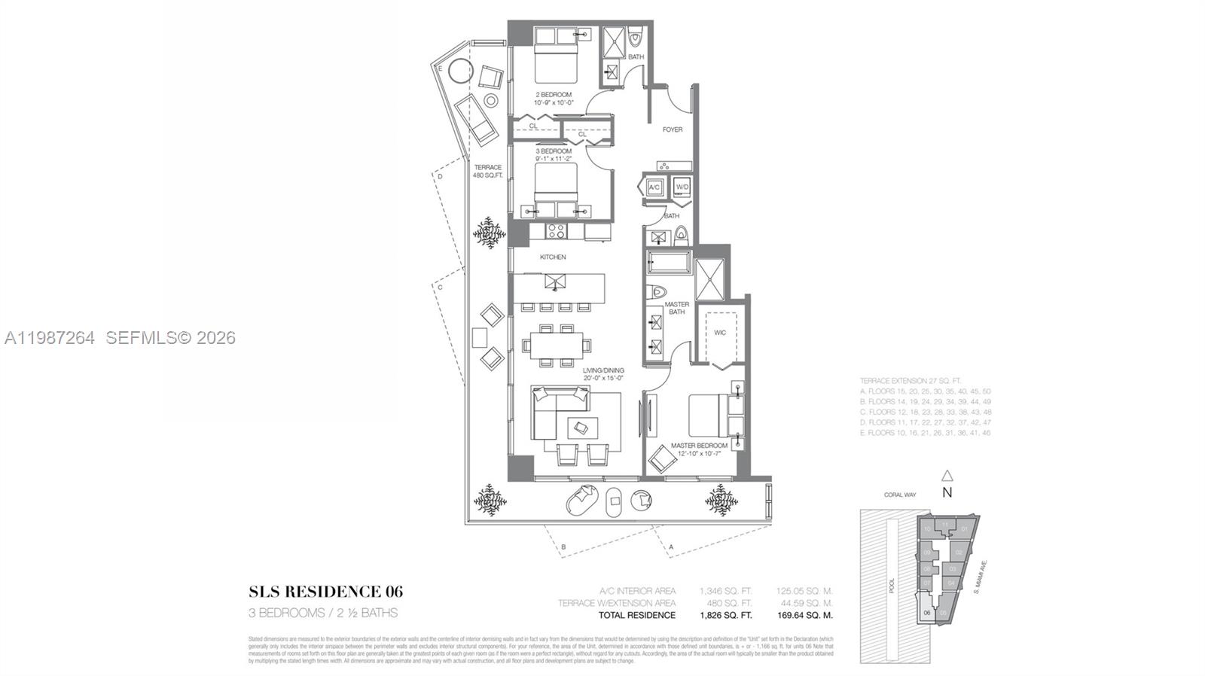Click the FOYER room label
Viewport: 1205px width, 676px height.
pyautogui.click(x=673, y=129)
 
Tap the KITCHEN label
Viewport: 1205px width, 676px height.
pyautogui.click(x=553, y=257)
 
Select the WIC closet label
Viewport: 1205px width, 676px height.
pyautogui.click(x=720, y=333)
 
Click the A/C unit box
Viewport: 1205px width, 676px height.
pyautogui.click(x=654, y=187)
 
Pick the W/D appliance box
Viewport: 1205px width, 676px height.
pyautogui.click(x=682, y=187)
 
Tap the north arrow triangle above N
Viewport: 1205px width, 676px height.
pyautogui.click(x=947, y=476)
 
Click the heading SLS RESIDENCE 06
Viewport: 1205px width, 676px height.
pyautogui.click(x=325, y=592)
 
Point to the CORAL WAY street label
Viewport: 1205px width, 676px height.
pyautogui.click(x=900, y=495)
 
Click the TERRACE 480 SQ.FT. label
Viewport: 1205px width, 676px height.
pyautogui.click(x=487, y=171)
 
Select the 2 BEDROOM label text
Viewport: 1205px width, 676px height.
pyautogui.click(x=554, y=99)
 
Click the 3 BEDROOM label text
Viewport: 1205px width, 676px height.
pyautogui.click(x=554, y=155)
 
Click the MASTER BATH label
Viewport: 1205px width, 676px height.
pyautogui.click(x=676, y=308)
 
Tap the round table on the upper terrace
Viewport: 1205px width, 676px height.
pyautogui.click(x=459, y=72)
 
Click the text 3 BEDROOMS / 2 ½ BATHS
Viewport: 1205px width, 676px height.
pyautogui.click(x=323, y=613)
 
